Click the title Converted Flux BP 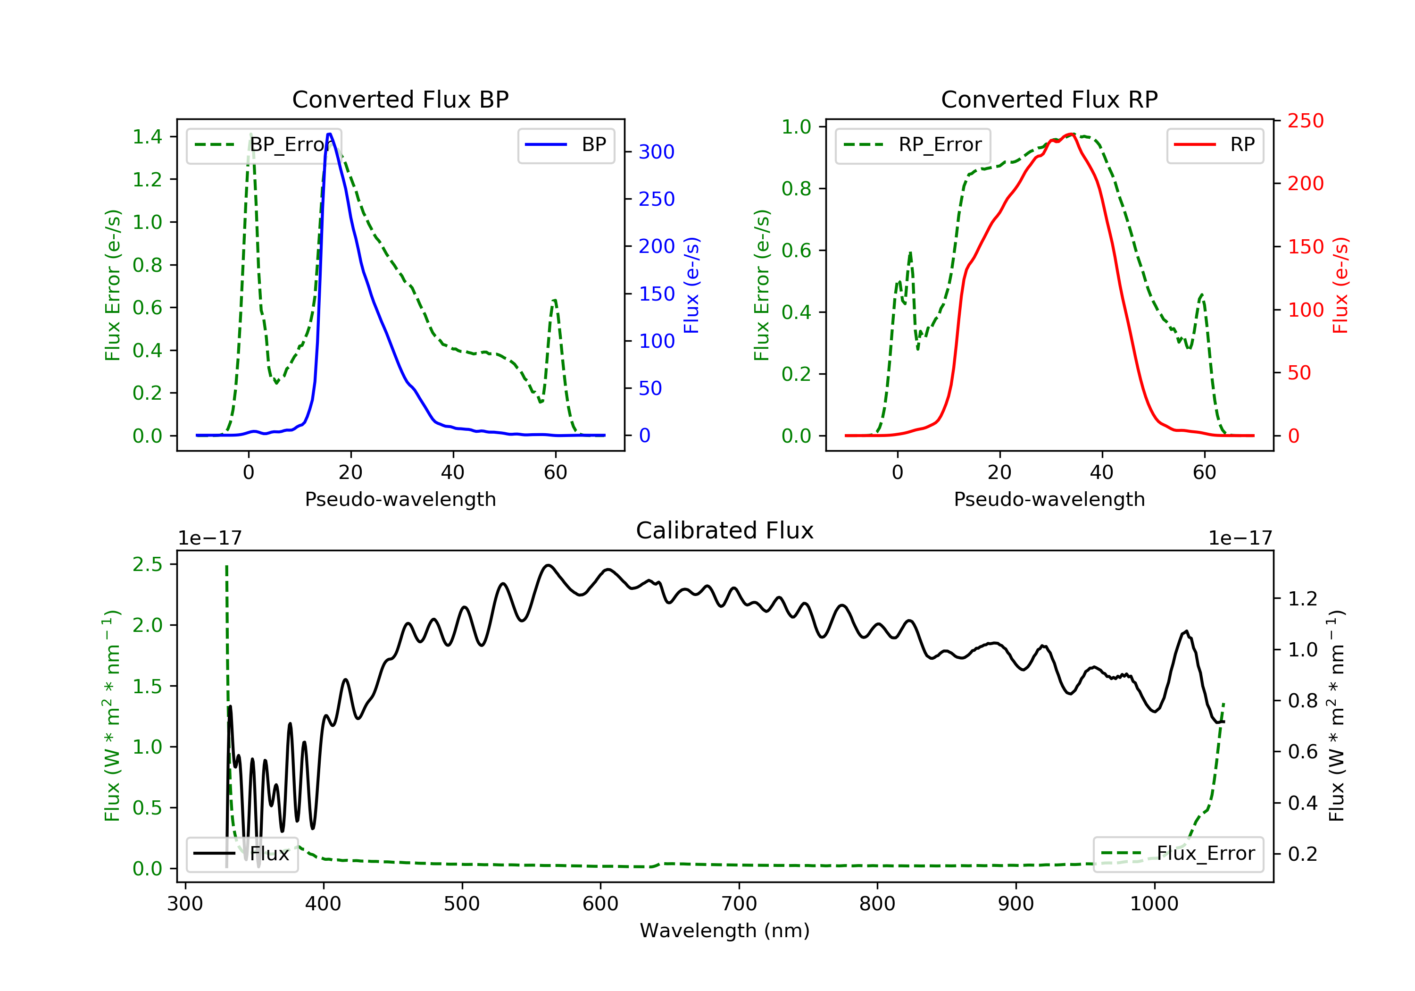pyautogui.click(x=400, y=99)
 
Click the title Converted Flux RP pyautogui.click(x=1049, y=99)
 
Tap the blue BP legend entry pyautogui.click(x=566, y=145)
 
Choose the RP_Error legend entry pyautogui.click(x=913, y=145)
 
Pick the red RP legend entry pyautogui.click(x=1215, y=145)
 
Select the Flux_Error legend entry pyautogui.click(x=1178, y=854)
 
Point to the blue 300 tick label pyautogui.click(x=657, y=151)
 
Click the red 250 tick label pyautogui.click(x=1305, y=121)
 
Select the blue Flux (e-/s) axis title pyautogui.click(x=691, y=286)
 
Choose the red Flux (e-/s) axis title pyautogui.click(x=1340, y=286)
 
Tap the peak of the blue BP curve pyautogui.click(x=330, y=134)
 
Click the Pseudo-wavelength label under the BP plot pyautogui.click(x=400, y=499)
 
